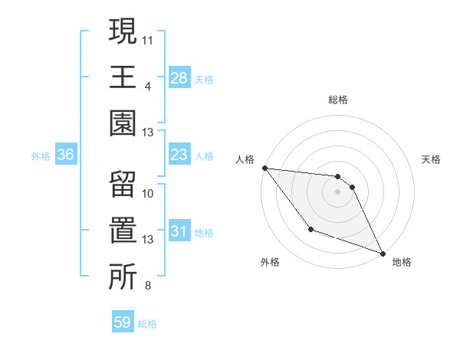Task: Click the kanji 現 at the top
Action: tap(123, 33)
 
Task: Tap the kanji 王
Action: tap(123, 78)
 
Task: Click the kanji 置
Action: tap(123, 233)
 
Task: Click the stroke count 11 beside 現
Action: tap(148, 38)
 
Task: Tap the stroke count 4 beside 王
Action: tap(148, 86)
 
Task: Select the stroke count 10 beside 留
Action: tap(148, 193)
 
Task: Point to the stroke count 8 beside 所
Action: tap(148, 286)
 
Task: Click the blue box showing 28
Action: tap(179, 78)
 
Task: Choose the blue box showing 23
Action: tap(179, 155)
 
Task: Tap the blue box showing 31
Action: tap(179, 232)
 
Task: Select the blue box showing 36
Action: tap(66, 155)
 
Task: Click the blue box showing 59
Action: tap(123, 322)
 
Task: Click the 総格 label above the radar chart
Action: tap(337, 100)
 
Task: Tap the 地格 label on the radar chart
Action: tap(402, 263)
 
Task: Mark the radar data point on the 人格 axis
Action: tap(264, 168)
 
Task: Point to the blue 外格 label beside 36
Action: tap(41, 156)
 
